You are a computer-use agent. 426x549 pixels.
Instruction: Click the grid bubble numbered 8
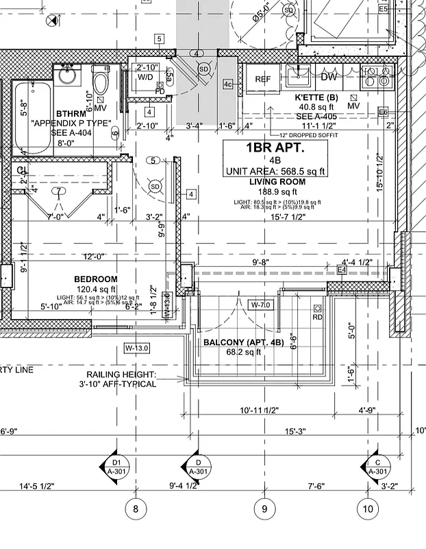[x=136, y=509]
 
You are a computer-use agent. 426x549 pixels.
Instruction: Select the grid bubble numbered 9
[x=264, y=509]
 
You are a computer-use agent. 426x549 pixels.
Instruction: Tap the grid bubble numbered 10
[x=368, y=509]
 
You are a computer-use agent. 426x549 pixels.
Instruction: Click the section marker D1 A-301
[x=116, y=467]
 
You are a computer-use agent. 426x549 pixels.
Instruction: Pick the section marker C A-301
[x=377, y=467]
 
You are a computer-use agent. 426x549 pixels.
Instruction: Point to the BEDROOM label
[x=95, y=279]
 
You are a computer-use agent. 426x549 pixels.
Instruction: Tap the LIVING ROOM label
[x=276, y=181]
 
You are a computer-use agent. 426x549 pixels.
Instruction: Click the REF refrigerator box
[x=263, y=79]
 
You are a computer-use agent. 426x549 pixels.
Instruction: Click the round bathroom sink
[x=67, y=75]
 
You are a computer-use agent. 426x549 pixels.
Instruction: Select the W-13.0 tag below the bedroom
[x=136, y=347]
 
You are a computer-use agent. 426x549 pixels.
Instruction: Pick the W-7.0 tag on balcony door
[x=261, y=304]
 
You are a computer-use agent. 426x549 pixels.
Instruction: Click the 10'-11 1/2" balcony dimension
[x=259, y=410]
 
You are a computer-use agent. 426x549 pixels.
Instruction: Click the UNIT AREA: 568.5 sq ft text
[x=275, y=171]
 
